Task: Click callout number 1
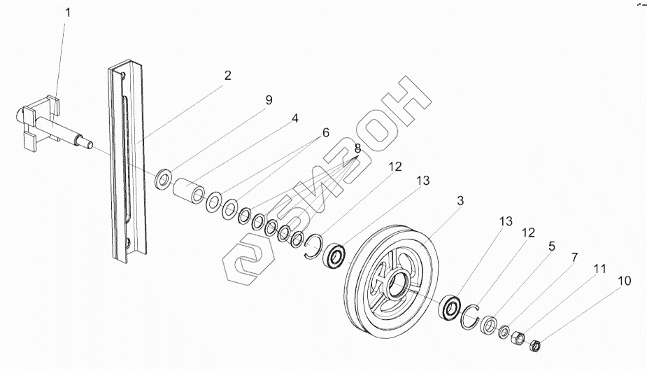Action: [x=67, y=13]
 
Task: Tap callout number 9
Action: [x=269, y=100]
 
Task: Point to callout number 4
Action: [x=295, y=118]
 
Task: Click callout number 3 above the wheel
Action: [x=460, y=201]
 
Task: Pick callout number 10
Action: [x=625, y=281]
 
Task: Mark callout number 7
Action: [x=574, y=258]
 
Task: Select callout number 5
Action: [x=552, y=246]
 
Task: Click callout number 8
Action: [x=357, y=148]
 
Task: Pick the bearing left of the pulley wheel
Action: [x=335, y=256]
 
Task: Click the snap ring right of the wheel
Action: [x=471, y=316]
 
